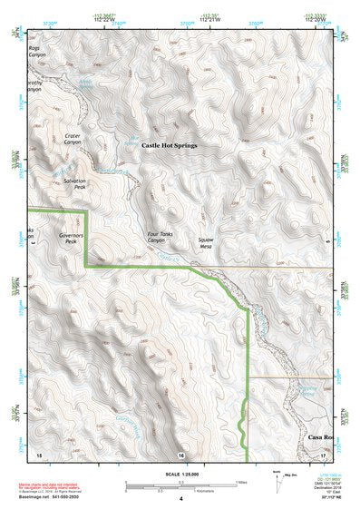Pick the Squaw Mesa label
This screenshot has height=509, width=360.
tap(211, 242)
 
